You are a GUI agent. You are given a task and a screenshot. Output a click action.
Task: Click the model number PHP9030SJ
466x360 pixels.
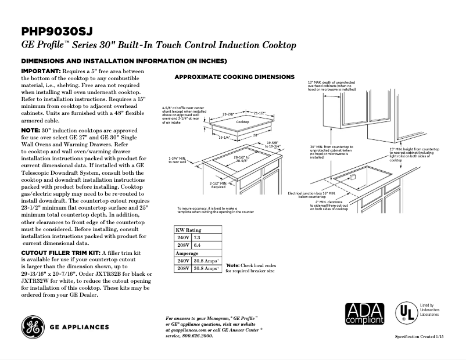pyautogui.click(x=56, y=31)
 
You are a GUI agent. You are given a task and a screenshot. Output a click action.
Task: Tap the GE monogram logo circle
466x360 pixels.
pyautogui.click(x=33, y=327)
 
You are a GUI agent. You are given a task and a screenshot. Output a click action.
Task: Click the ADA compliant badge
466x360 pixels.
pyautogui.click(x=364, y=314)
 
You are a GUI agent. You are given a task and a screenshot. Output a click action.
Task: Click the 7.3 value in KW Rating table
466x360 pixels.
pyautogui.click(x=197, y=237)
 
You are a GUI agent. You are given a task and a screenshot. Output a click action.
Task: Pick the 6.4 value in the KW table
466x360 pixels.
pyautogui.click(x=197, y=245)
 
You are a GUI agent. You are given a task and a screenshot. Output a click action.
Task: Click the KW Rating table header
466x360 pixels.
pyautogui.click(x=189, y=230)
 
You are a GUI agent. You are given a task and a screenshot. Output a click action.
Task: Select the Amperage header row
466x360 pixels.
pyautogui.click(x=187, y=253)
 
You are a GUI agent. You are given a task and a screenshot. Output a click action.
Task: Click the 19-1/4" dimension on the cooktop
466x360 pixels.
pyautogui.click(x=225, y=138)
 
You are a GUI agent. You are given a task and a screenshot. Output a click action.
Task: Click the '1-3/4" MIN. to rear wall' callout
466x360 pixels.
pyautogui.click(x=177, y=160)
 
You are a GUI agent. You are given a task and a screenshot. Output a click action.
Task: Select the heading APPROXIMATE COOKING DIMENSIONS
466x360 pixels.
pyautogui.click(x=234, y=77)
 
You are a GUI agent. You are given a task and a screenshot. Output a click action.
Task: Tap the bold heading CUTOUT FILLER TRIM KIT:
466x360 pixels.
pyautogui.click(x=60, y=253)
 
